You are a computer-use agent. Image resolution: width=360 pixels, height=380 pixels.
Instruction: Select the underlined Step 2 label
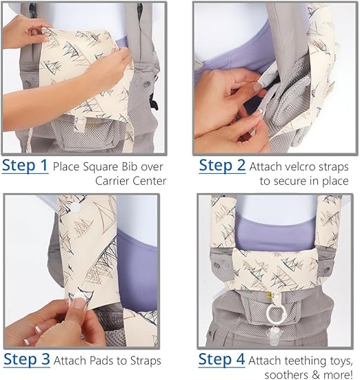tap(221, 166)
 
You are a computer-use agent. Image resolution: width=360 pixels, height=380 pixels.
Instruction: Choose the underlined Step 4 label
tap(221, 359)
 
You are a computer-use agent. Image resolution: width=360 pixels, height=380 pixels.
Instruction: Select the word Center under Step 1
tap(148, 182)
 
